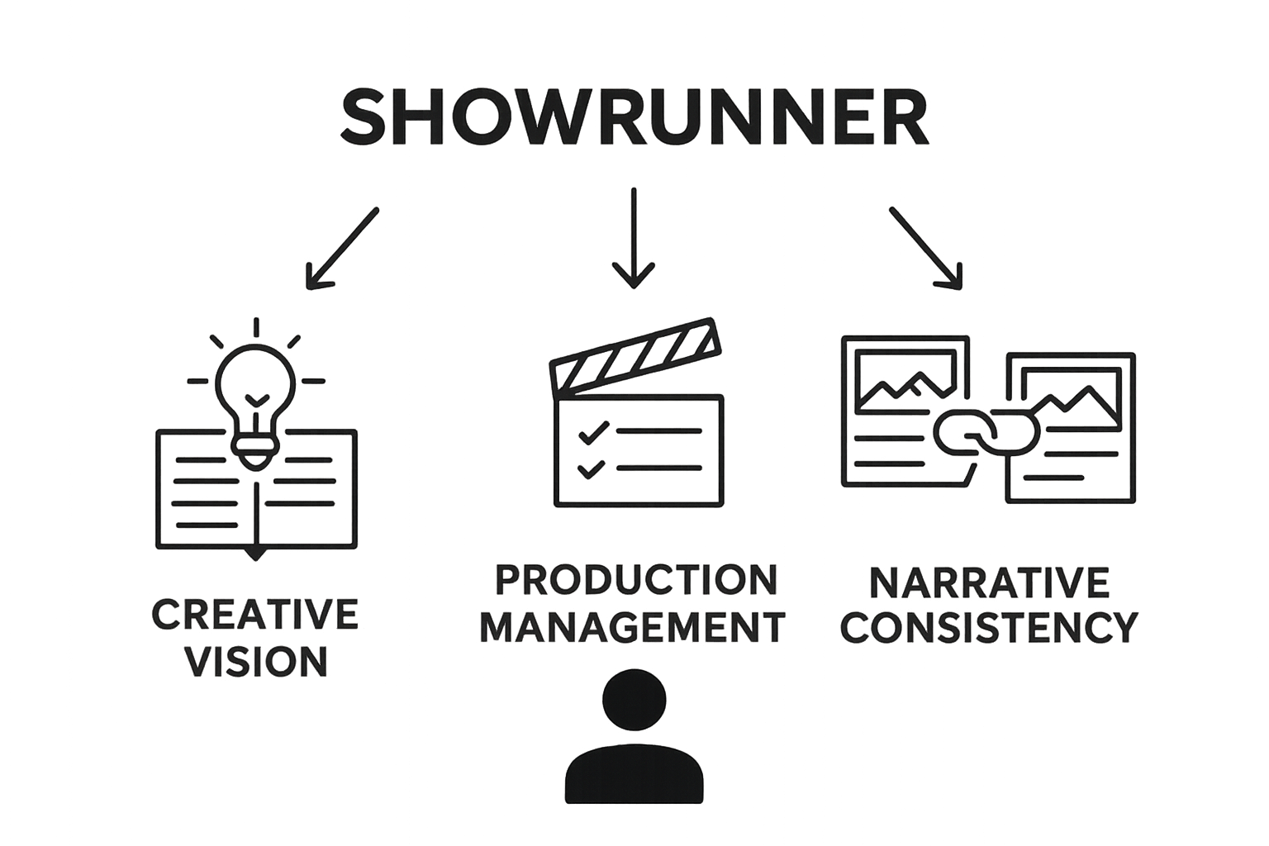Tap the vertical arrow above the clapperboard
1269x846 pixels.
coord(634,237)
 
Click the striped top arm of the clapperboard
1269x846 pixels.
coord(635,356)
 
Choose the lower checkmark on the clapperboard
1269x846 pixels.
coord(591,468)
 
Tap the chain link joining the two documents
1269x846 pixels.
coord(986,432)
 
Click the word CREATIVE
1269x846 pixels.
coord(255,615)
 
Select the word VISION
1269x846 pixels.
coord(257,661)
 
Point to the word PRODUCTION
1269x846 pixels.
coord(636,580)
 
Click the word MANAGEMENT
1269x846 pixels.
coord(633,627)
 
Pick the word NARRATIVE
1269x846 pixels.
coord(989,582)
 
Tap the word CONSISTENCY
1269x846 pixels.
coord(989,627)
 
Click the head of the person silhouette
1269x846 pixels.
coord(634,701)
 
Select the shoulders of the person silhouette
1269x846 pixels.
coord(634,774)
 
